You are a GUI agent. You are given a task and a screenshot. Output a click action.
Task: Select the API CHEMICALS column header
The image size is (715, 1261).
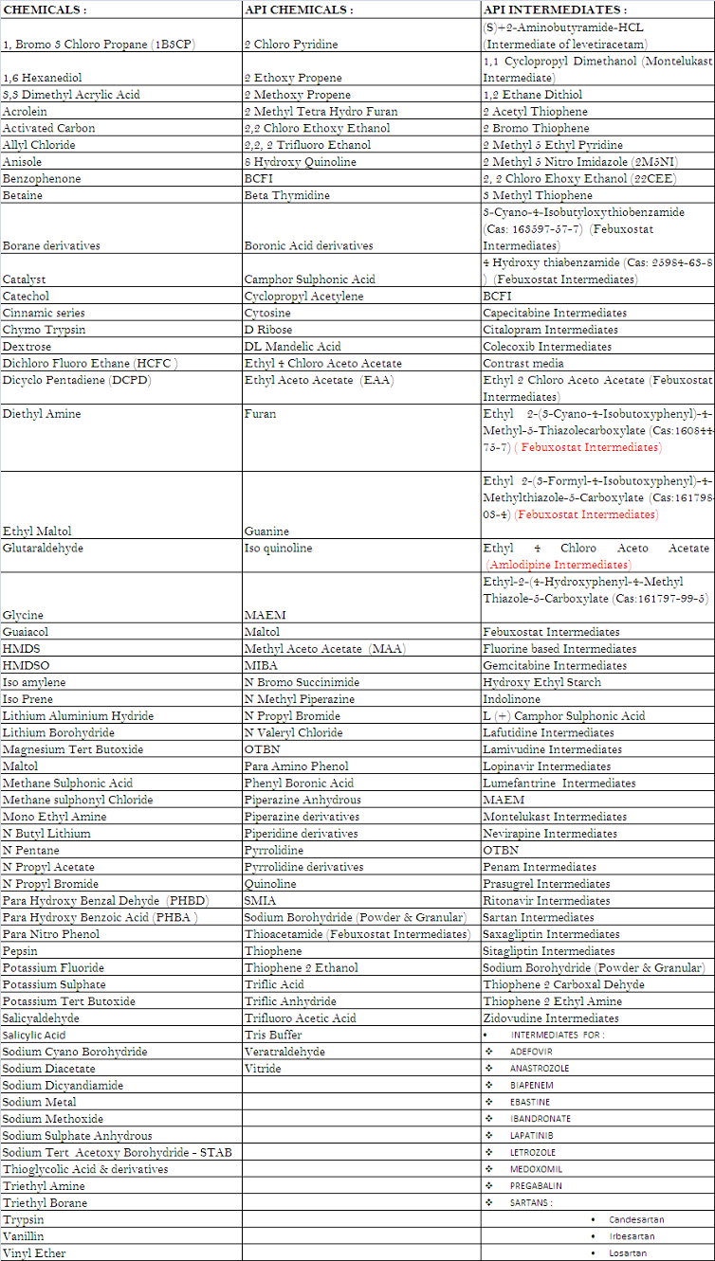click(x=299, y=10)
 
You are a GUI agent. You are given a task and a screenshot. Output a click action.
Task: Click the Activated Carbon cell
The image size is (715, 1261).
click(x=48, y=128)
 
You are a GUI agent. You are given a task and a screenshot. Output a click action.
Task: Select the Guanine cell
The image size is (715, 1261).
click(x=266, y=531)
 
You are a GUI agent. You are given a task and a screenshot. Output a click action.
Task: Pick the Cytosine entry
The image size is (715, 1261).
click(x=267, y=313)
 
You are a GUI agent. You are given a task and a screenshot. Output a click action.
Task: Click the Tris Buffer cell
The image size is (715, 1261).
click(x=274, y=1035)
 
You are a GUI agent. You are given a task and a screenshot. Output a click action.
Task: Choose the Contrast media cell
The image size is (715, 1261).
click(x=523, y=363)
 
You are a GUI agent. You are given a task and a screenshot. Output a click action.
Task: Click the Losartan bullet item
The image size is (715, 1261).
click(x=628, y=1252)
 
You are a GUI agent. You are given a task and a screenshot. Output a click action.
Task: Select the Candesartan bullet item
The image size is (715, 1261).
click(x=636, y=1219)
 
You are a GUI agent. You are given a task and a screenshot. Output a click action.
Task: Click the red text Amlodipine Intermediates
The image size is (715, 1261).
click(x=572, y=565)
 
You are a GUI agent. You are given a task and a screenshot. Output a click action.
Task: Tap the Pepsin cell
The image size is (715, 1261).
click(x=20, y=951)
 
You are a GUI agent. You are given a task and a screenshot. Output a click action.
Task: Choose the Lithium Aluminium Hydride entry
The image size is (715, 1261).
click(x=78, y=716)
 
